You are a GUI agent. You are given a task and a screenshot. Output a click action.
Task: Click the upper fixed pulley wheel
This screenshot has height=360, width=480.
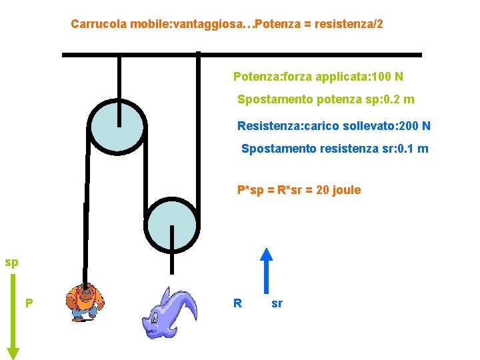click(x=117, y=127)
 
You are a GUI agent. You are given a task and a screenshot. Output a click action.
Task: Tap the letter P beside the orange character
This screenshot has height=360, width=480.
click(x=29, y=303)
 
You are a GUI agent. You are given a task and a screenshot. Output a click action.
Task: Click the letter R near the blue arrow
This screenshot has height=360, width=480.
click(x=237, y=303)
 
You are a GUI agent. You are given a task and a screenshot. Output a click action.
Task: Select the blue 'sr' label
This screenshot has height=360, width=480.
click(x=277, y=303)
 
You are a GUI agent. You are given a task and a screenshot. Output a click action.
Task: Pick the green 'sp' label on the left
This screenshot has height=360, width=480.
click(x=11, y=262)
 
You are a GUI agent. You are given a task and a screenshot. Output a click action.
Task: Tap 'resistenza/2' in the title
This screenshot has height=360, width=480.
click(x=351, y=25)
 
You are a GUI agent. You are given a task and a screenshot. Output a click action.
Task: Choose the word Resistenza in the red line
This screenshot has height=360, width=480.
click(x=267, y=126)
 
